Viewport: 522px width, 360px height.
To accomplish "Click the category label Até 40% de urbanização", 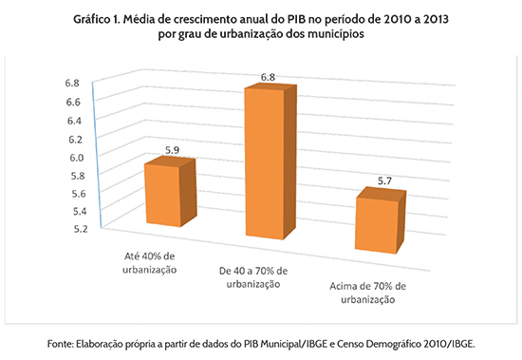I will tap(152, 263).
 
